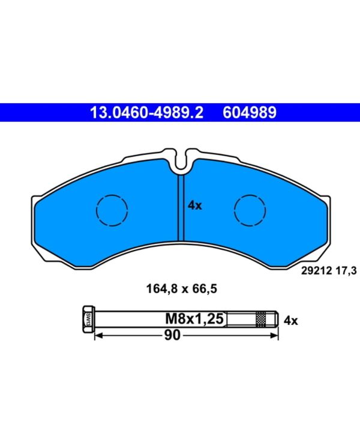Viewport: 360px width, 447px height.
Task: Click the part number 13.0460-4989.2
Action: [146, 112]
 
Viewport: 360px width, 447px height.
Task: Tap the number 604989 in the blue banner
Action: [249, 112]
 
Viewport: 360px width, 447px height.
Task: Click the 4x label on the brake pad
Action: [194, 205]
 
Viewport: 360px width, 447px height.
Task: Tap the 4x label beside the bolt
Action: [290, 321]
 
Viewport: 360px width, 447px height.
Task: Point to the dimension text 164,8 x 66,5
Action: [182, 289]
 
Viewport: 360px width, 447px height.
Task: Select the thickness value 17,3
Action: [346, 270]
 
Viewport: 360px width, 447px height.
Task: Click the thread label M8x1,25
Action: [194, 318]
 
